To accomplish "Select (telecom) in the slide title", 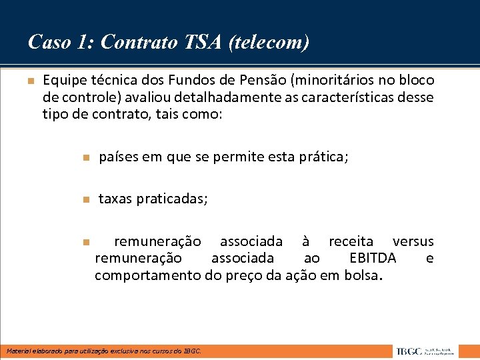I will point(269,43).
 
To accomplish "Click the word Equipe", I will point(63,81).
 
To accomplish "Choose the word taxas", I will point(115,199).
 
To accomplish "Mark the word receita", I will point(351,241).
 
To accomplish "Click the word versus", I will point(413,241).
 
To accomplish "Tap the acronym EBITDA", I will point(373,258).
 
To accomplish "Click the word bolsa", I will point(362,275).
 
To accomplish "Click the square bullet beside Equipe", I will point(30,81).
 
